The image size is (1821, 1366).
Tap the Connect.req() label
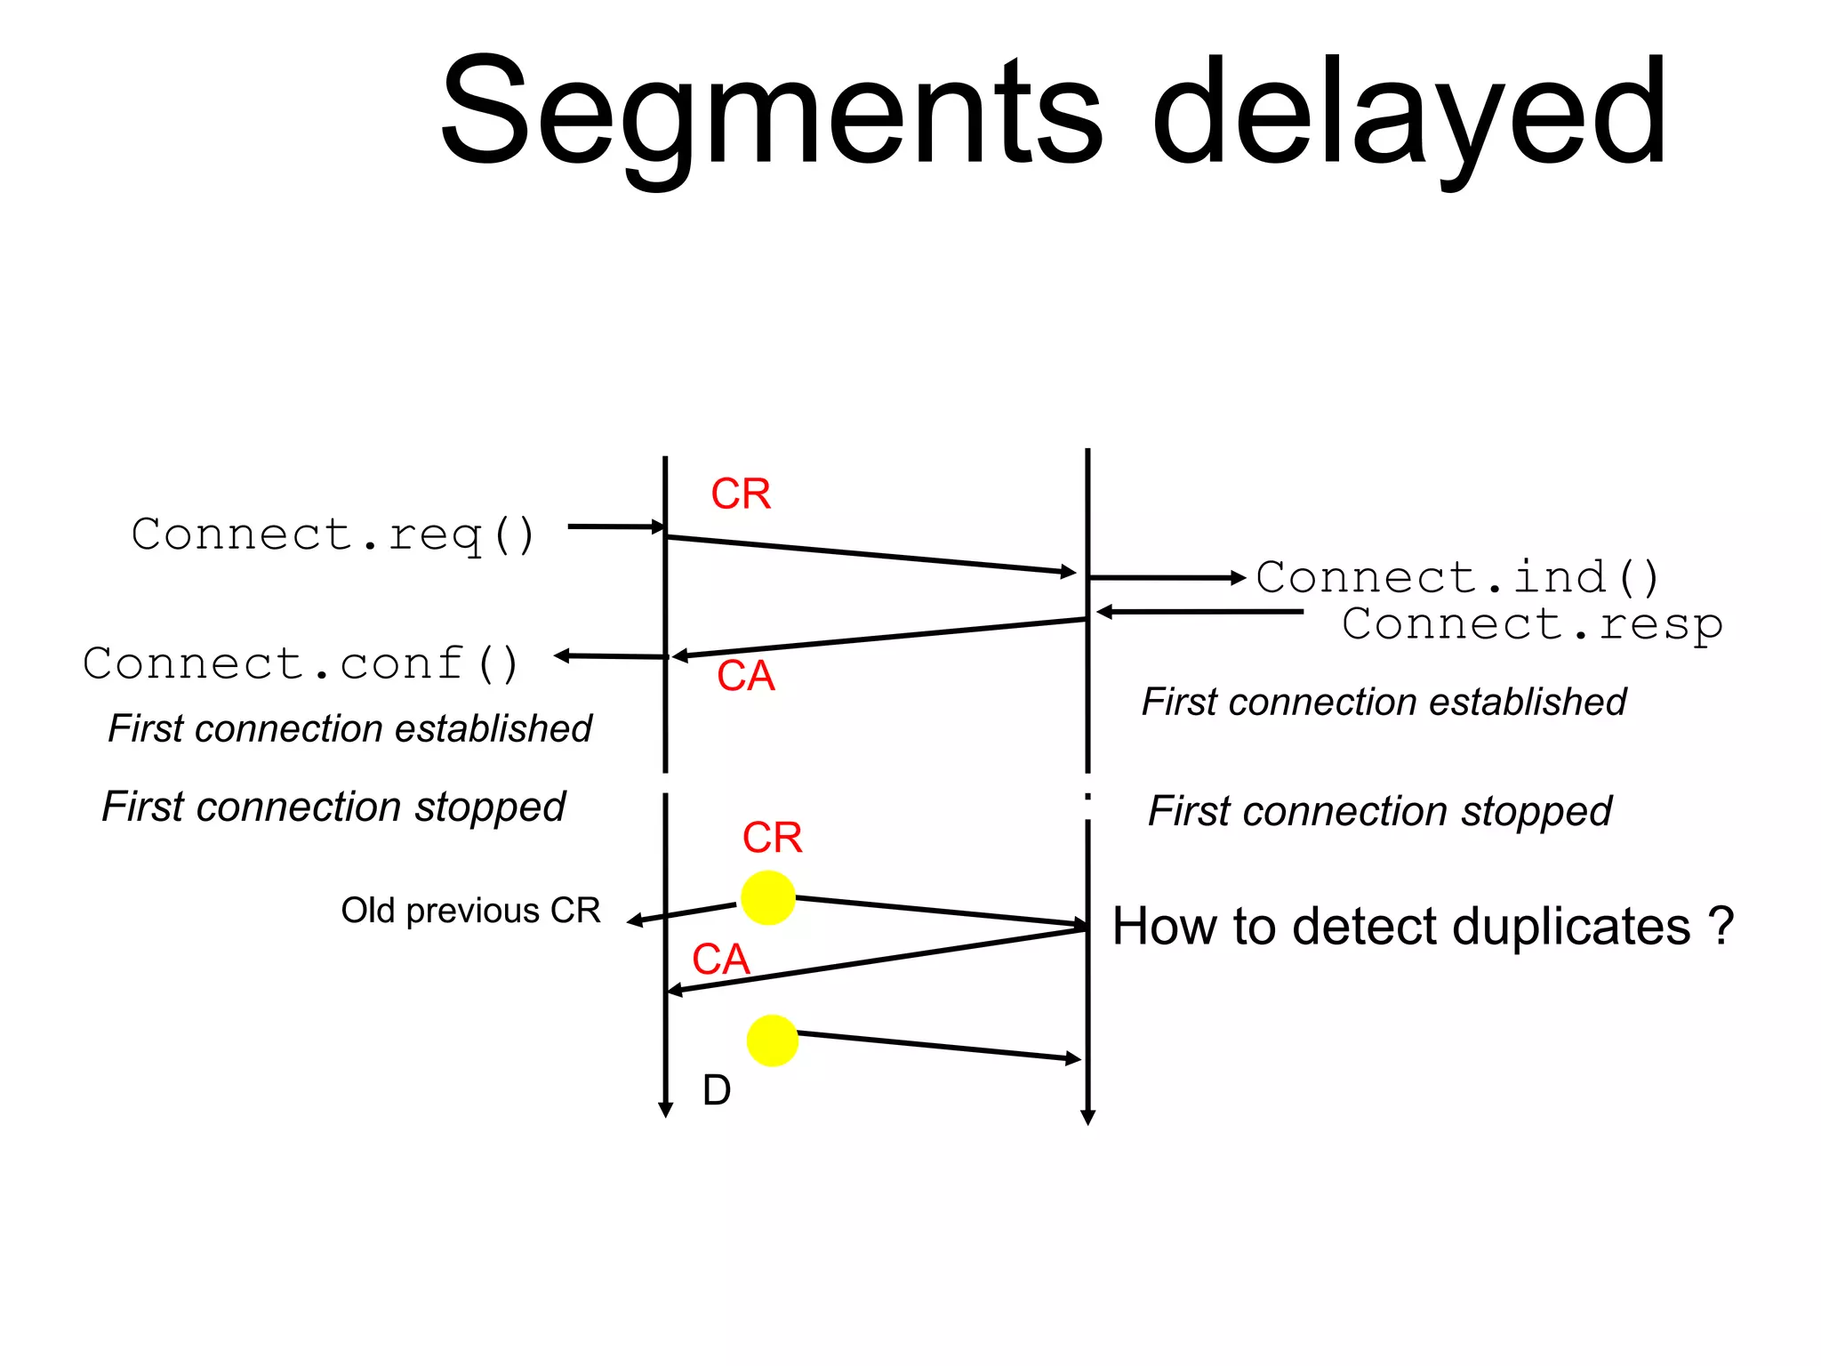(x=333, y=534)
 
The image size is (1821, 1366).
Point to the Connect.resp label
(x=1531, y=623)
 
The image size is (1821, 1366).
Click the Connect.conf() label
(x=301, y=663)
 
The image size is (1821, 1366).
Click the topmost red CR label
(x=741, y=494)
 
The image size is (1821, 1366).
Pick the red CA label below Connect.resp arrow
(x=746, y=676)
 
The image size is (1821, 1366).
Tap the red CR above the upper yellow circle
(x=772, y=837)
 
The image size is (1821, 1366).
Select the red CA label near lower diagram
(x=721, y=960)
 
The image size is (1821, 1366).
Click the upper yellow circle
(x=767, y=897)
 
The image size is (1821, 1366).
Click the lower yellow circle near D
(x=772, y=1041)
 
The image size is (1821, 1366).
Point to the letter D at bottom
(x=717, y=1089)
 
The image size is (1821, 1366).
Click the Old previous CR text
(x=470, y=911)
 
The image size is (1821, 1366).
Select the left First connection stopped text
(x=333, y=807)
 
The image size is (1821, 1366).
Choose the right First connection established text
(x=1384, y=702)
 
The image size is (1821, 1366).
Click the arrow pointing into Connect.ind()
(x=1167, y=578)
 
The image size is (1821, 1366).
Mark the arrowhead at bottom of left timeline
(x=665, y=1109)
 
